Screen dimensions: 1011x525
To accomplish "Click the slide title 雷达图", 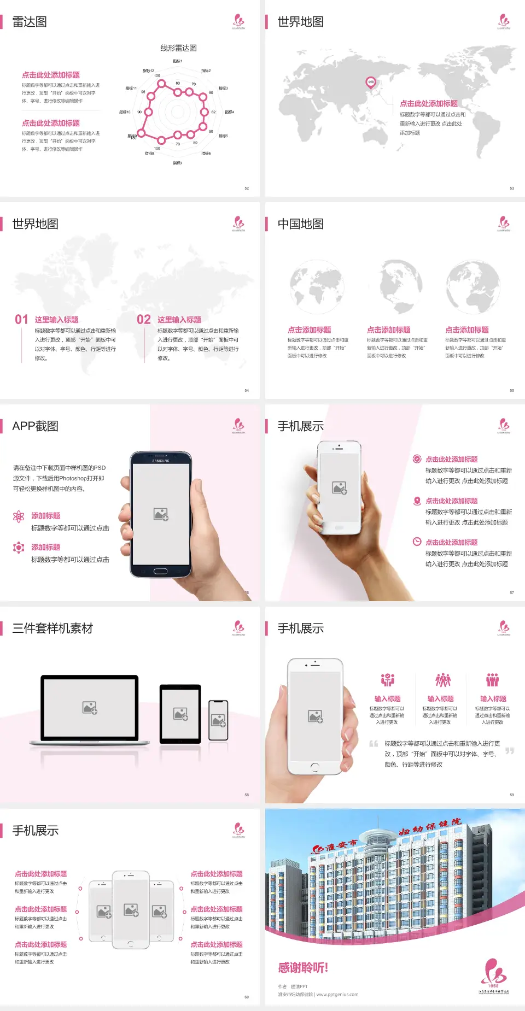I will [30, 22].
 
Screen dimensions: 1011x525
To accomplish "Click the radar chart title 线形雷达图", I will [178, 48].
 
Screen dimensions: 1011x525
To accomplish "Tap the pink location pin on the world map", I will [371, 83].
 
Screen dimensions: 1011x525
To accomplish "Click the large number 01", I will [21, 319].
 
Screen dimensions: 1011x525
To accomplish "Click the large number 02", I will [144, 319].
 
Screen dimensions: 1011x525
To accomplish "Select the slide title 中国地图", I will [300, 224].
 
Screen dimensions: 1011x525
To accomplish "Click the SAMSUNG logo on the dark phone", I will [161, 461].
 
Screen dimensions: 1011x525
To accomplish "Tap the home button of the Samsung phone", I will [160, 571].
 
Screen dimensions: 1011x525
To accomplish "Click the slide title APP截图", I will [35, 426].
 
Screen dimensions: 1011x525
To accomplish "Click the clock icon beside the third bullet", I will [417, 542].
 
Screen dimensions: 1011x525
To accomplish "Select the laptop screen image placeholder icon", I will [90, 708].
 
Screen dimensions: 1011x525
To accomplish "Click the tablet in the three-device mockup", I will [180, 714].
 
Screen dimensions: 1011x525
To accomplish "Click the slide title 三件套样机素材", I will [52, 628].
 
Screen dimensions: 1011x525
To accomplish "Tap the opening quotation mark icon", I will [374, 744].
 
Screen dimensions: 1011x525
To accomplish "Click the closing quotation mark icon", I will [510, 751].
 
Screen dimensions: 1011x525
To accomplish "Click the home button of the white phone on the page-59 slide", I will [314, 767].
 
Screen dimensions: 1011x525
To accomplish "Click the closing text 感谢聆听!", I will [303, 968].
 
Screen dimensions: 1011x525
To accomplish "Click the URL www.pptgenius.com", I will [337, 995].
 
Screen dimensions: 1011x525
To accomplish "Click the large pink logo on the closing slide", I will [494, 972].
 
